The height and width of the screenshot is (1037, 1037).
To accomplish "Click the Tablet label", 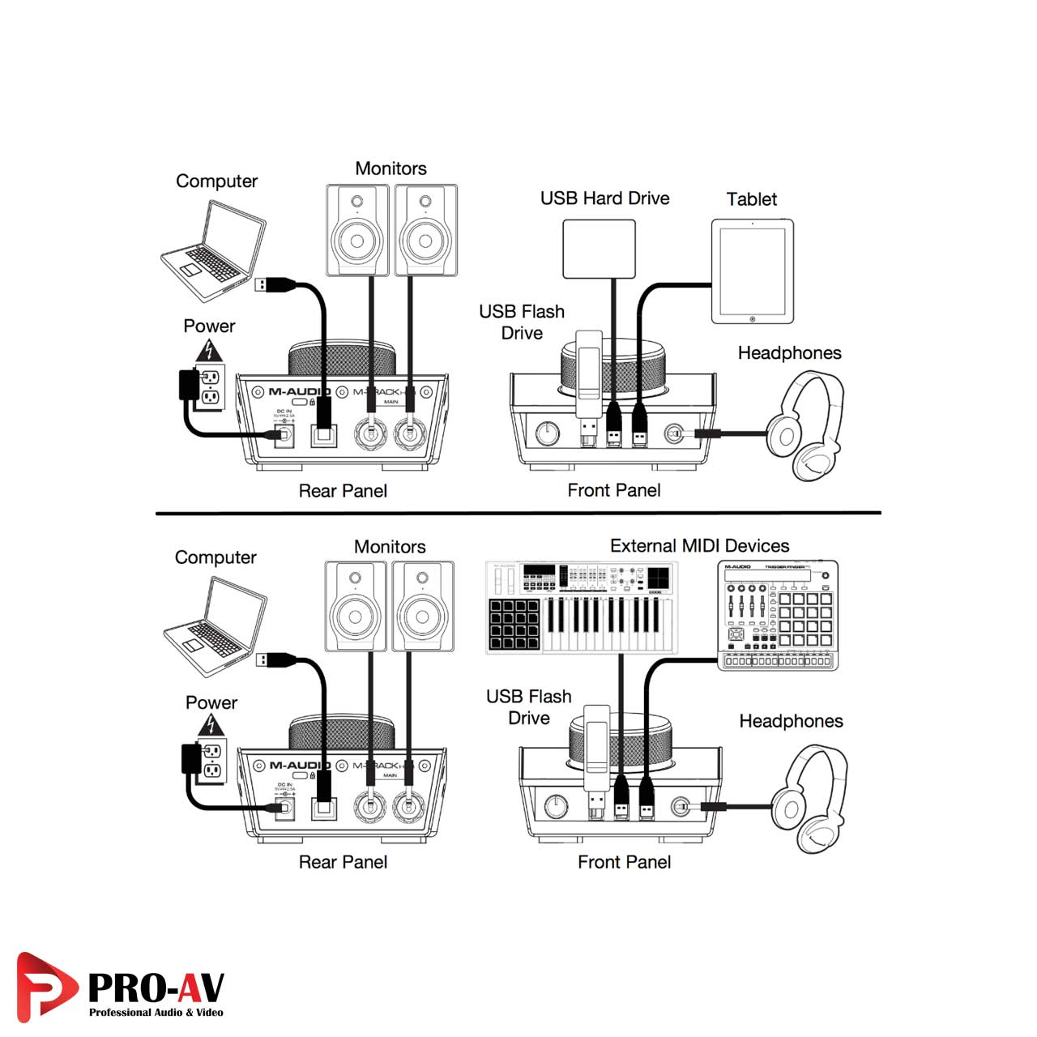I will [751, 199].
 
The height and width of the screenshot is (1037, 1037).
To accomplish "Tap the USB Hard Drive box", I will [599, 249].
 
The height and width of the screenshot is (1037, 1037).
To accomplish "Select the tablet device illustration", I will [752, 272].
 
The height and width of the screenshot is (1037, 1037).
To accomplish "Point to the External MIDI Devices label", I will [699, 546].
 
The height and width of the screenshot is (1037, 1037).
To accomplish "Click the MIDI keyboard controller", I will [583, 608].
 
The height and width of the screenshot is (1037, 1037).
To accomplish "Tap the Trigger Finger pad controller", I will [778, 615].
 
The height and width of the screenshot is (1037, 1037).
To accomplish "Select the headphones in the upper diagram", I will [806, 425].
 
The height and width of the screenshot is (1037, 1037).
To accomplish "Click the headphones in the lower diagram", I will [810, 798].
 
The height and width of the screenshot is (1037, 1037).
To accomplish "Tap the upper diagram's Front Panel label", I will [613, 490].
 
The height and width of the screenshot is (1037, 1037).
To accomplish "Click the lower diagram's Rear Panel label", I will [343, 862].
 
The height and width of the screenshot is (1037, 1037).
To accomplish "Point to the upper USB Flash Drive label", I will [522, 322].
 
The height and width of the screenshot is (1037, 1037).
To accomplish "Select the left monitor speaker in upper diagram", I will [357, 230].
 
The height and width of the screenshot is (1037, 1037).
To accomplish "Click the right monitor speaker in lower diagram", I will [423, 606].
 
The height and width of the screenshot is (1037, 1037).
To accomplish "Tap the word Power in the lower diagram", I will [211, 702].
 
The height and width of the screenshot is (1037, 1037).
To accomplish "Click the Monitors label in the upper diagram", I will [390, 169].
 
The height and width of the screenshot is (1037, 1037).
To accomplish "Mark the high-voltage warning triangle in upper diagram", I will [210, 351].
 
